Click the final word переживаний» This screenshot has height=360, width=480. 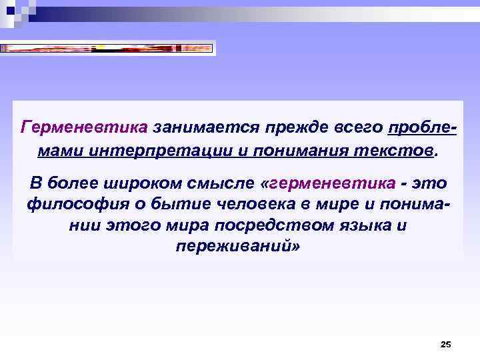pos(239,247)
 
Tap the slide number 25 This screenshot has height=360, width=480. pos(446,344)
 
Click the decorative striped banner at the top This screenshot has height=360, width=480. pos(107,48)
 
